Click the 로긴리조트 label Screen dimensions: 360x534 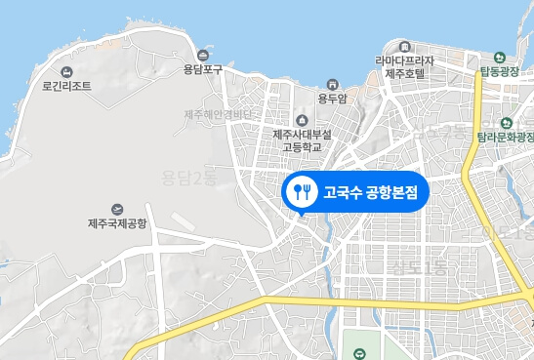pos(67,86)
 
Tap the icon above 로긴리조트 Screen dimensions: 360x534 pos(67,72)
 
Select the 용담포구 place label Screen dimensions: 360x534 pos(203,68)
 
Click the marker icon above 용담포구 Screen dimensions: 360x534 pos(203,55)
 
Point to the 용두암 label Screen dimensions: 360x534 pos(333,97)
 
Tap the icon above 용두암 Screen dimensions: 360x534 pos(333,83)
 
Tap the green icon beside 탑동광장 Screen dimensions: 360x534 pos(500,57)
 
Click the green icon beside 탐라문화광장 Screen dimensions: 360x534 pos(507,123)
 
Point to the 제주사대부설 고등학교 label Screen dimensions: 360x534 pos(302,140)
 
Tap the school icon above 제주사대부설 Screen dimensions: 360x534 pos(302,120)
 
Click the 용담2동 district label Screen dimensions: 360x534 pos(188,177)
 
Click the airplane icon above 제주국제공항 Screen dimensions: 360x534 pos(117,209)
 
